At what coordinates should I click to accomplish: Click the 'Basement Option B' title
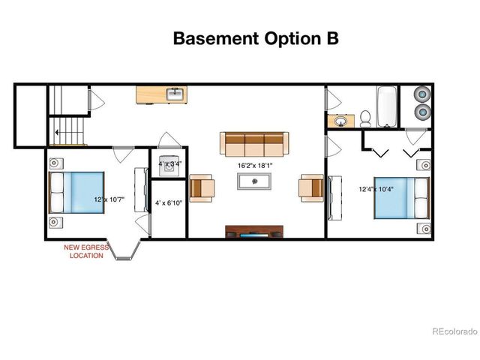click(255, 38)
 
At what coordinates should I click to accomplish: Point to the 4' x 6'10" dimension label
click(168, 203)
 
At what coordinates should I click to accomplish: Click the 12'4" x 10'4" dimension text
click(374, 189)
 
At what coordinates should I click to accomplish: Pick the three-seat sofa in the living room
click(254, 142)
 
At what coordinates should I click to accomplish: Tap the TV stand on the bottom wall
click(254, 231)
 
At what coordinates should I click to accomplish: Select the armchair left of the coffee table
click(202, 187)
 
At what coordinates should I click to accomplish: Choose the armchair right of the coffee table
click(311, 187)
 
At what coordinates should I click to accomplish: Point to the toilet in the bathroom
click(365, 118)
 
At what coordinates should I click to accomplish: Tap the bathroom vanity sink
click(341, 120)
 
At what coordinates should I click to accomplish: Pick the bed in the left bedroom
click(76, 192)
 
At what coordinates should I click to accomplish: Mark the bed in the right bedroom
click(401, 196)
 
